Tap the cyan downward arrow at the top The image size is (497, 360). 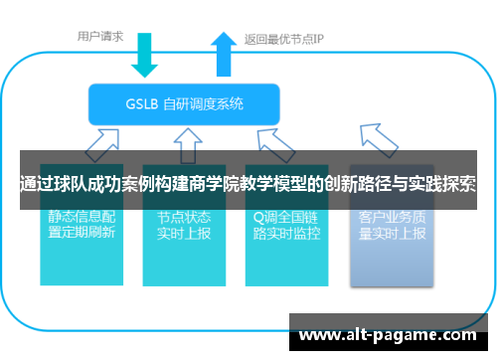[x=145, y=54]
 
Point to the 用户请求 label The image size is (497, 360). [x=100, y=37]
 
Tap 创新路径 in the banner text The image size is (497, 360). [x=362, y=184]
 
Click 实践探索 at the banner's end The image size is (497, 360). [x=442, y=184]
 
